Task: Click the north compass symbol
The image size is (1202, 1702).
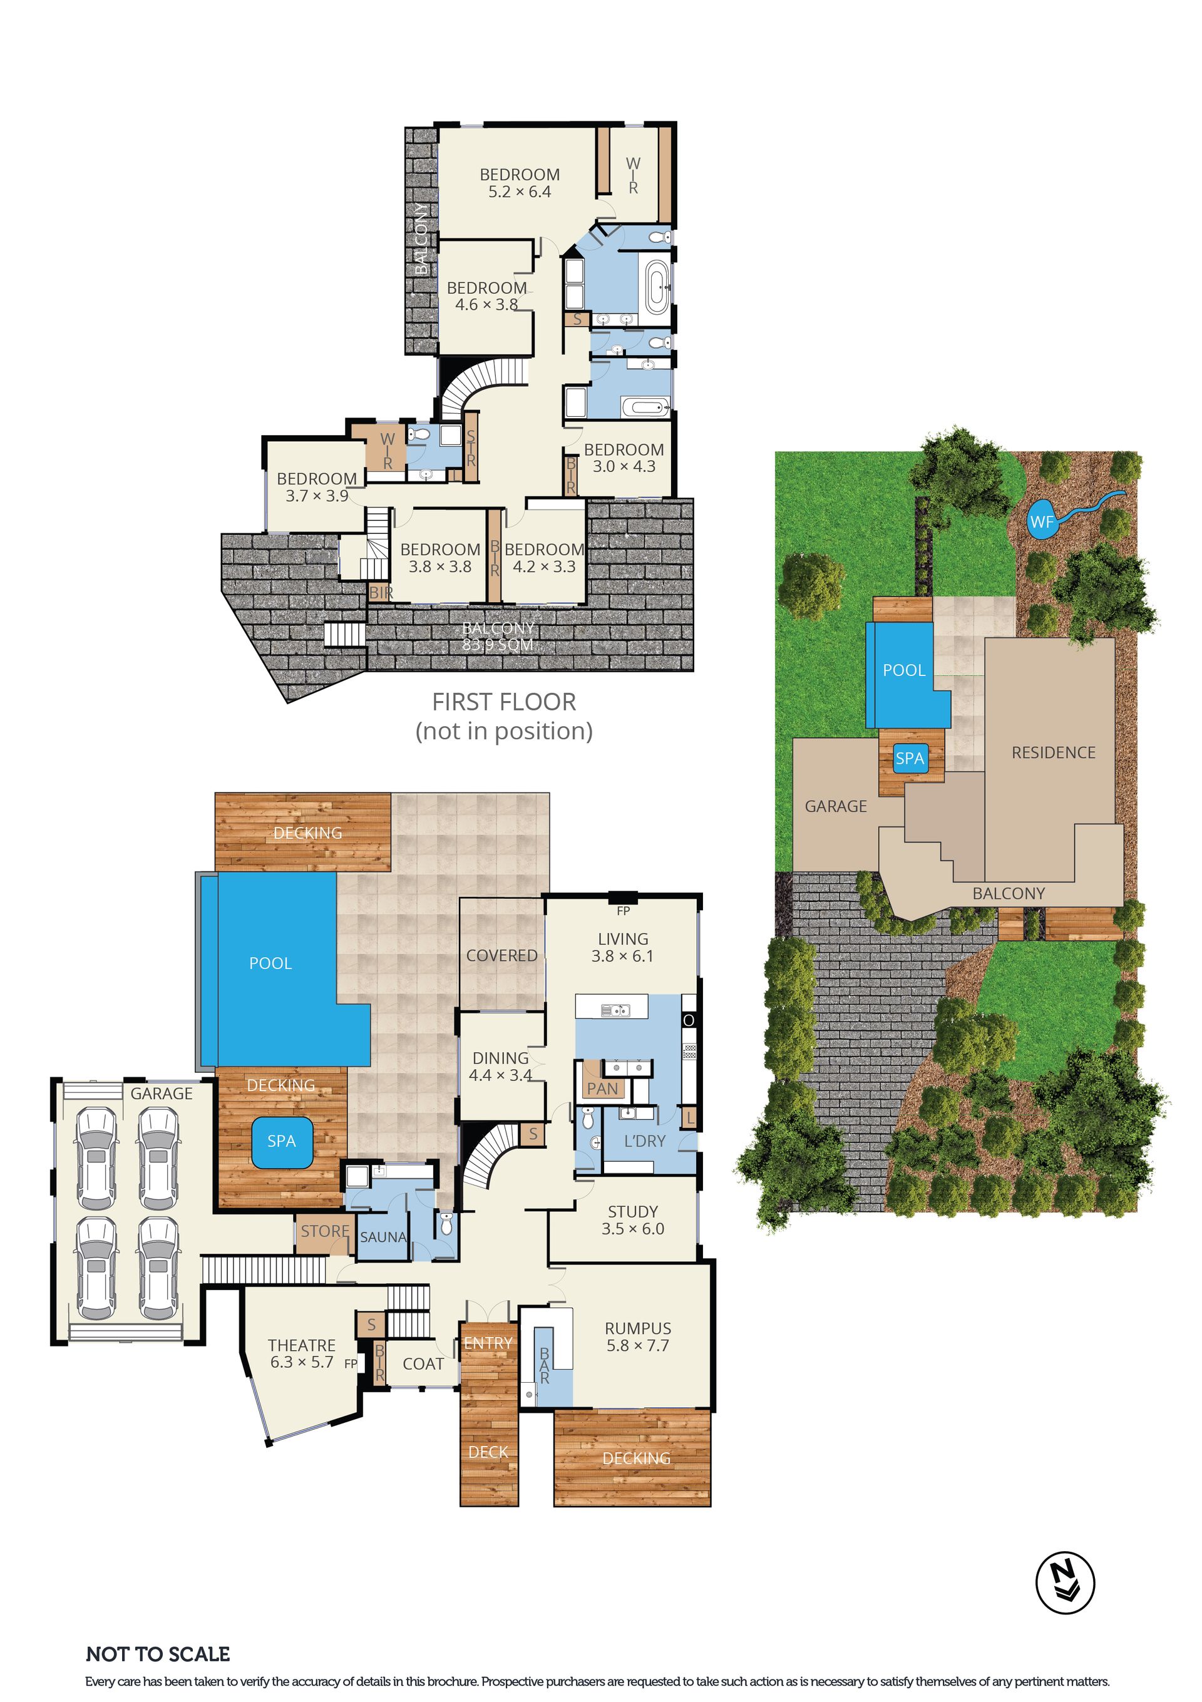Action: (1065, 1584)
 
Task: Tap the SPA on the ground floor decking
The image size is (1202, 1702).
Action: (281, 1141)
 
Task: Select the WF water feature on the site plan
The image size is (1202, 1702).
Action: (1041, 521)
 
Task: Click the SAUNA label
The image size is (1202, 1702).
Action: (383, 1237)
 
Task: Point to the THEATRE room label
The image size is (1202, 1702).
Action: (302, 1345)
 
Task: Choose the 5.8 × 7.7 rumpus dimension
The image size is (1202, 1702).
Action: (638, 1345)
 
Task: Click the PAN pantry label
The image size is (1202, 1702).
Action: (602, 1088)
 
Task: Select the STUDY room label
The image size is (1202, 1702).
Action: (632, 1211)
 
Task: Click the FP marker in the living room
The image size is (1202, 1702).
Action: (623, 910)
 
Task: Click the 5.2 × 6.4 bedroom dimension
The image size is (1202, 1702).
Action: (519, 192)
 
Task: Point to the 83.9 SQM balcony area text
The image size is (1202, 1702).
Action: (498, 645)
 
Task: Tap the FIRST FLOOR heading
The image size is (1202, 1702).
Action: (504, 702)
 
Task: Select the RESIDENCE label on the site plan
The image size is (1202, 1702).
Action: (1053, 752)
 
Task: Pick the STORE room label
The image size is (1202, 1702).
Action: (325, 1231)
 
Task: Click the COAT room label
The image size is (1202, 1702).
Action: (423, 1364)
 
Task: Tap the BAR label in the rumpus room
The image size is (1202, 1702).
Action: (544, 1365)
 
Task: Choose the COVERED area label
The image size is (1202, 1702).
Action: (501, 955)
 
